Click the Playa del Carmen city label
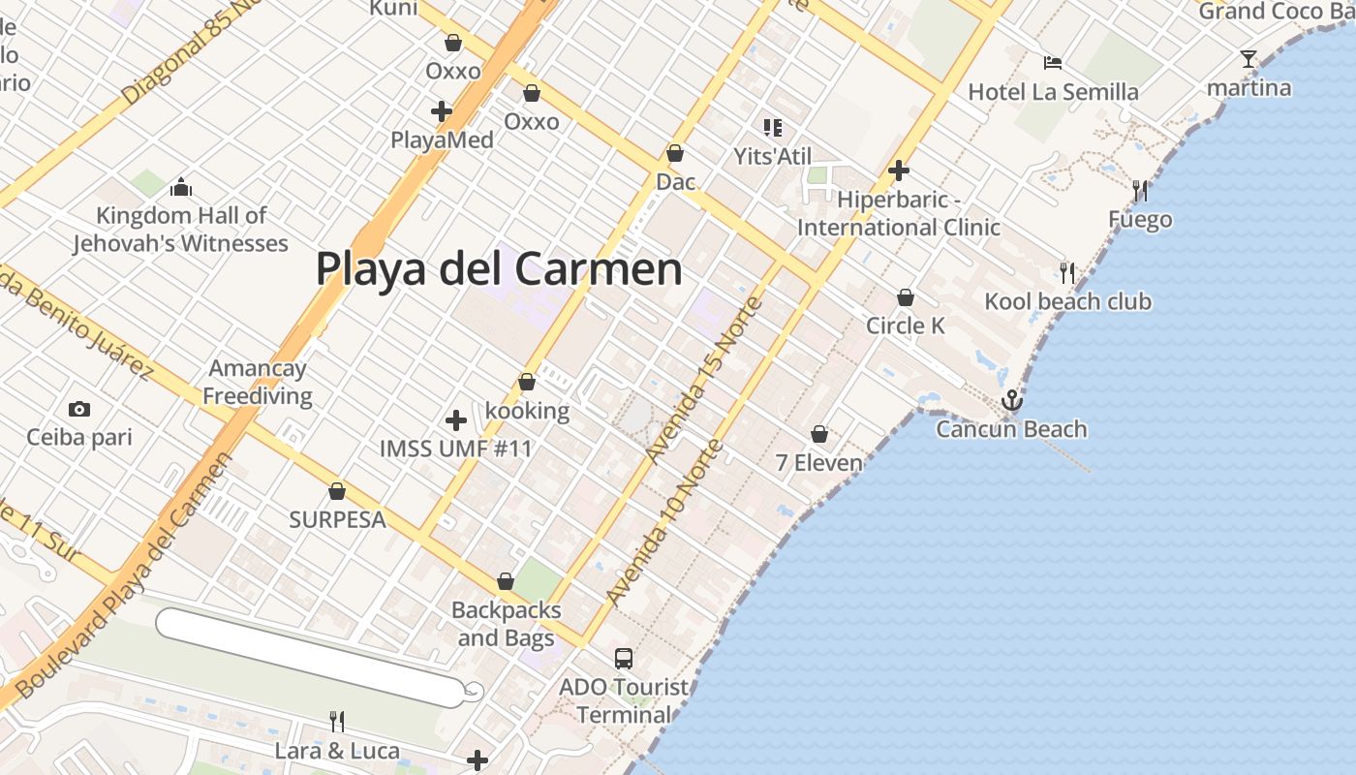499,268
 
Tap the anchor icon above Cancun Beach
1011,399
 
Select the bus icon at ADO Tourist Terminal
624,659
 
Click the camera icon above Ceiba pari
79,410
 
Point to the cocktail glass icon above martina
1248,59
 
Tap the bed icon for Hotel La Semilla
1053,63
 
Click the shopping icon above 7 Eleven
819,434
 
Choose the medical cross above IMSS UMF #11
455,420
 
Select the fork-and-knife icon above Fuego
1140,191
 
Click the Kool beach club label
1067,301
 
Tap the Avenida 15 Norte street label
704,381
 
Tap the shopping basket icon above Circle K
906,297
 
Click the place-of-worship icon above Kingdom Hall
180,187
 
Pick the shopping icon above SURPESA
337,492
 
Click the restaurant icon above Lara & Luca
336,721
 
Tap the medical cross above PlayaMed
442,111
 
